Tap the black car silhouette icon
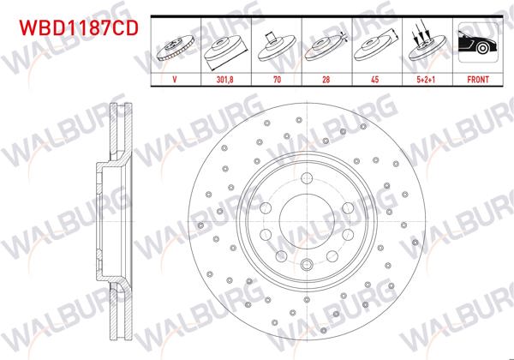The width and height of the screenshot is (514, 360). click(475, 43)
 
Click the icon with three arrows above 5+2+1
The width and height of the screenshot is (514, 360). click(425, 43)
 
